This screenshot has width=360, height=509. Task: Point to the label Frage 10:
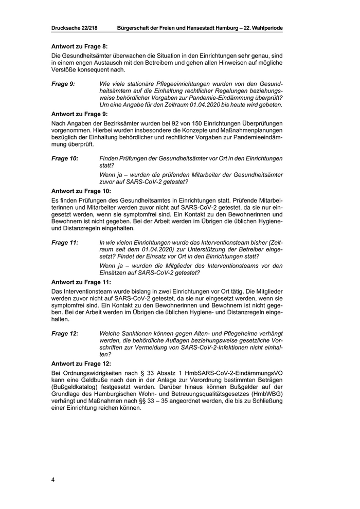[65, 159]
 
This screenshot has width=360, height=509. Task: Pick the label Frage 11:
[65, 242]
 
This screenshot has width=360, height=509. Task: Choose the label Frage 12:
[65, 333]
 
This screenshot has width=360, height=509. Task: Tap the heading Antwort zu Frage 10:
[82, 191]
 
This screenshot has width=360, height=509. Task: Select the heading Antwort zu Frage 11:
[82, 282]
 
